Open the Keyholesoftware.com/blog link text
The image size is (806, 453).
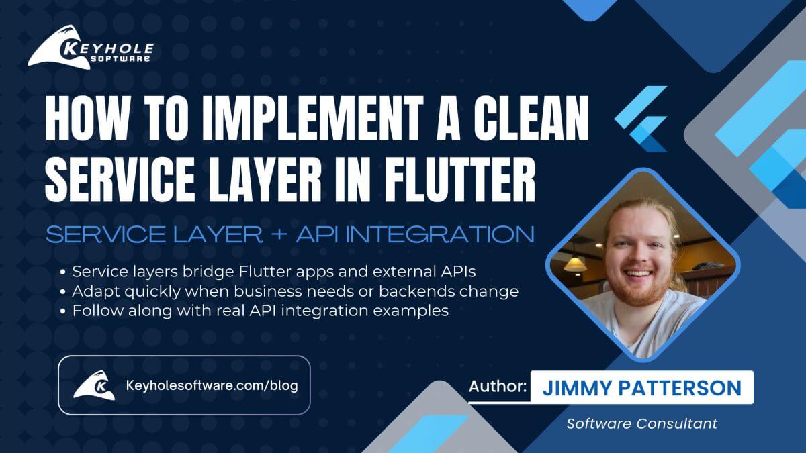click(212, 385)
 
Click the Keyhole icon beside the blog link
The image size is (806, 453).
click(93, 386)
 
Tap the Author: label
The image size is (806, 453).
click(497, 387)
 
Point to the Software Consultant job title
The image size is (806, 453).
click(641, 423)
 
